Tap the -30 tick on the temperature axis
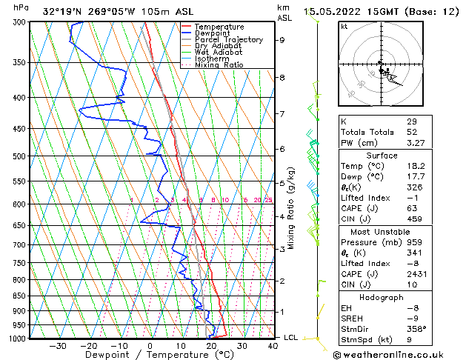click(x=58, y=345)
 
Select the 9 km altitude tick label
click(x=282, y=40)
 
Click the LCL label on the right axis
click(x=292, y=338)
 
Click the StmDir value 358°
click(x=416, y=329)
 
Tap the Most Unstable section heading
click(x=382, y=231)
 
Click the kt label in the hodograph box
click(x=344, y=27)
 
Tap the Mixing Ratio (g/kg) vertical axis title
click(x=291, y=208)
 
